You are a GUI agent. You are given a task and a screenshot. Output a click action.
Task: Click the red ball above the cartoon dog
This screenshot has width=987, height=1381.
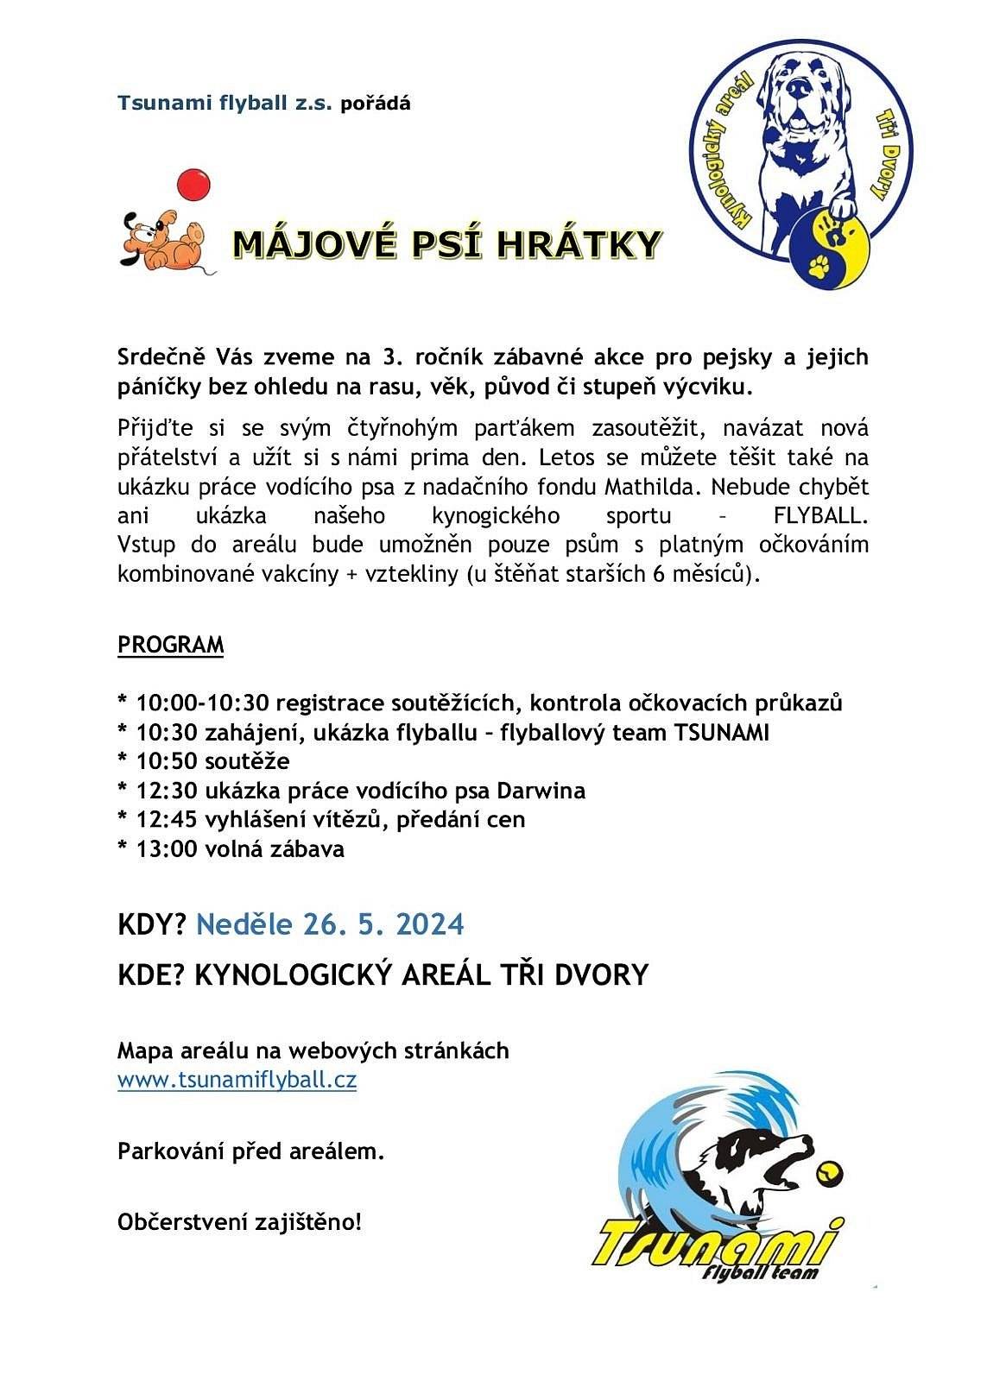[x=193, y=185]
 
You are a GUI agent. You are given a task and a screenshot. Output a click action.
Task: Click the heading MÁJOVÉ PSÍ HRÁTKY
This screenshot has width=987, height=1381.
[x=446, y=245]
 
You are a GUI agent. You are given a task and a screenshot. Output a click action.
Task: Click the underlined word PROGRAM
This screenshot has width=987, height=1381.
[x=170, y=646]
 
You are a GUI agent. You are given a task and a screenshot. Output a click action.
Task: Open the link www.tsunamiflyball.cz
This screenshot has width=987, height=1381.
[x=237, y=1080]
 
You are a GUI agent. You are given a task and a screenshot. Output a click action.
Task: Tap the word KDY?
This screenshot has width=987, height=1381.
[x=152, y=924]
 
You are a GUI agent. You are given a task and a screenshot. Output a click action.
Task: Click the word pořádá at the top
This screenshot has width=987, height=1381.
[x=376, y=104]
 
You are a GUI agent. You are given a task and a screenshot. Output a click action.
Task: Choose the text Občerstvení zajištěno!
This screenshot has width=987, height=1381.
[x=240, y=1222]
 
